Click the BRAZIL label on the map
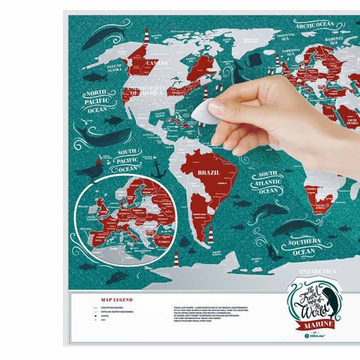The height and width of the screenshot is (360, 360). [210, 173]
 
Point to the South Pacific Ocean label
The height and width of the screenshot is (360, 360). [127, 160]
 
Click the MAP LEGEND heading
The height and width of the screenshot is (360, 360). [117, 300]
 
